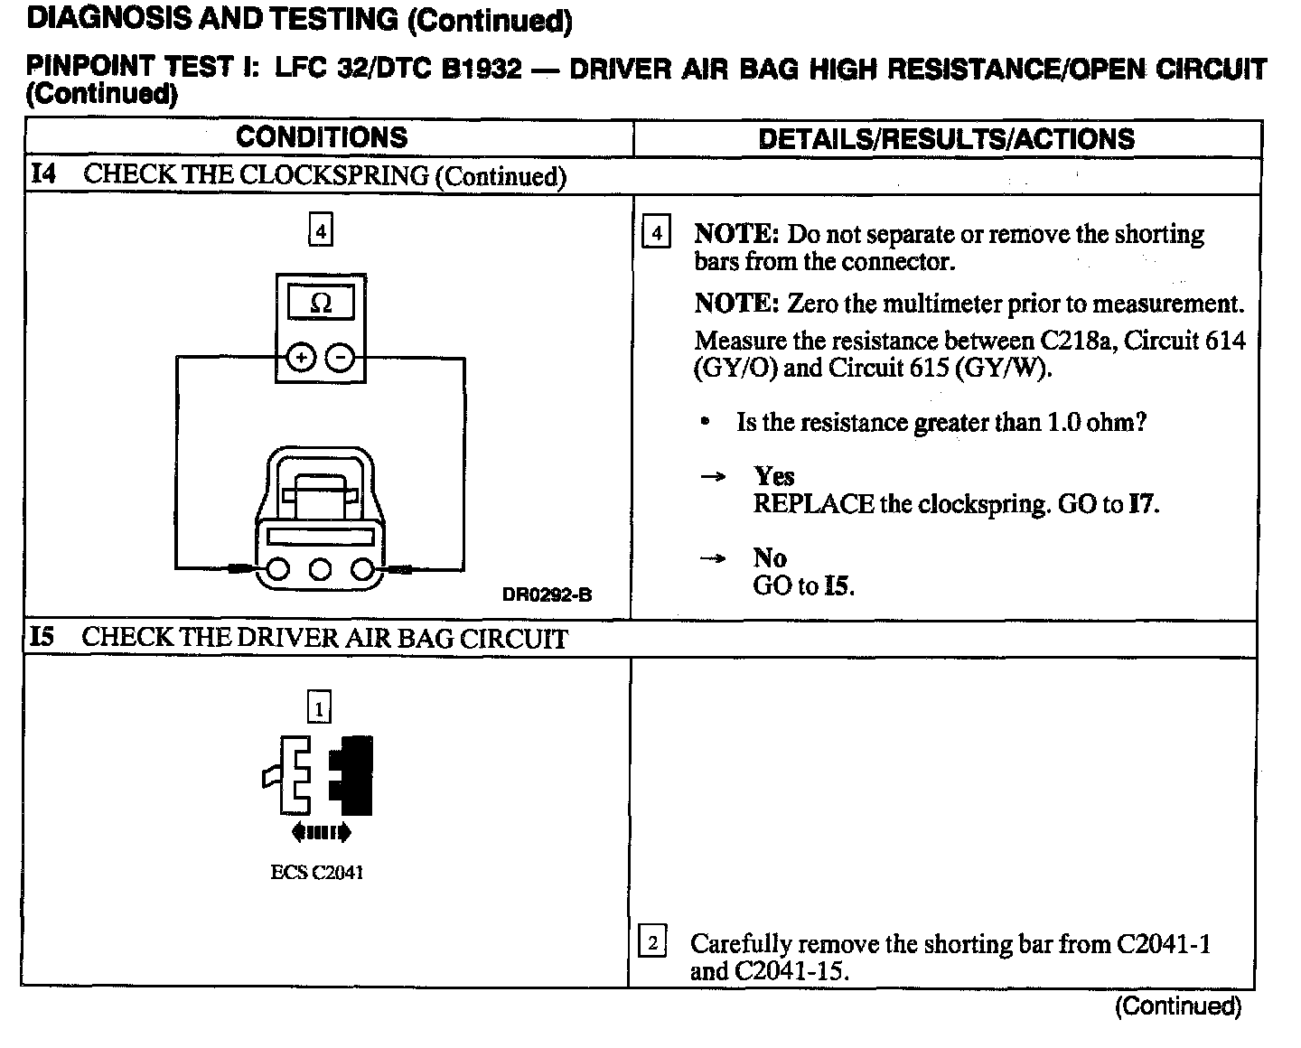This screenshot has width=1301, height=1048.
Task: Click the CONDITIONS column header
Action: [x=322, y=137]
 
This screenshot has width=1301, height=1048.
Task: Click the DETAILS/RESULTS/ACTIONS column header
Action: [x=946, y=139]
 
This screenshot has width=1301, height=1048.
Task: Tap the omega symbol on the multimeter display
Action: [x=320, y=304]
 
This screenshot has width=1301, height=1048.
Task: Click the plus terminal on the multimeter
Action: [x=300, y=358]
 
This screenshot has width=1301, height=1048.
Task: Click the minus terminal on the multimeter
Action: [x=340, y=358]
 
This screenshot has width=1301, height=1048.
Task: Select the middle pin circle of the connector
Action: [x=320, y=569]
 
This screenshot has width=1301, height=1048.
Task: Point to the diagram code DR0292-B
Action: [x=547, y=594]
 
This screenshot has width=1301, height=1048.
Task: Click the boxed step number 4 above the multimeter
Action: [x=320, y=231]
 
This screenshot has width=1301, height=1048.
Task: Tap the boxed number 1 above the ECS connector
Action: [x=319, y=707]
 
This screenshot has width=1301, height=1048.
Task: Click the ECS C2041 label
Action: [x=317, y=873]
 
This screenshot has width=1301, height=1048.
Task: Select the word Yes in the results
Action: [x=774, y=476]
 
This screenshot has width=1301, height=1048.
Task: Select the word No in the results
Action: [x=769, y=557]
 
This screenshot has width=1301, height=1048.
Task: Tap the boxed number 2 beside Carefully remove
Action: [x=652, y=944]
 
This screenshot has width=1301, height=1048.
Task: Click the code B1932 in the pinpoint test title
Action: [x=482, y=69]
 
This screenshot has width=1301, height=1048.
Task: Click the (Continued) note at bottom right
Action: [x=1178, y=1006]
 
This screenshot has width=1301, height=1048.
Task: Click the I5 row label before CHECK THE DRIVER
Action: [x=42, y=637]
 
